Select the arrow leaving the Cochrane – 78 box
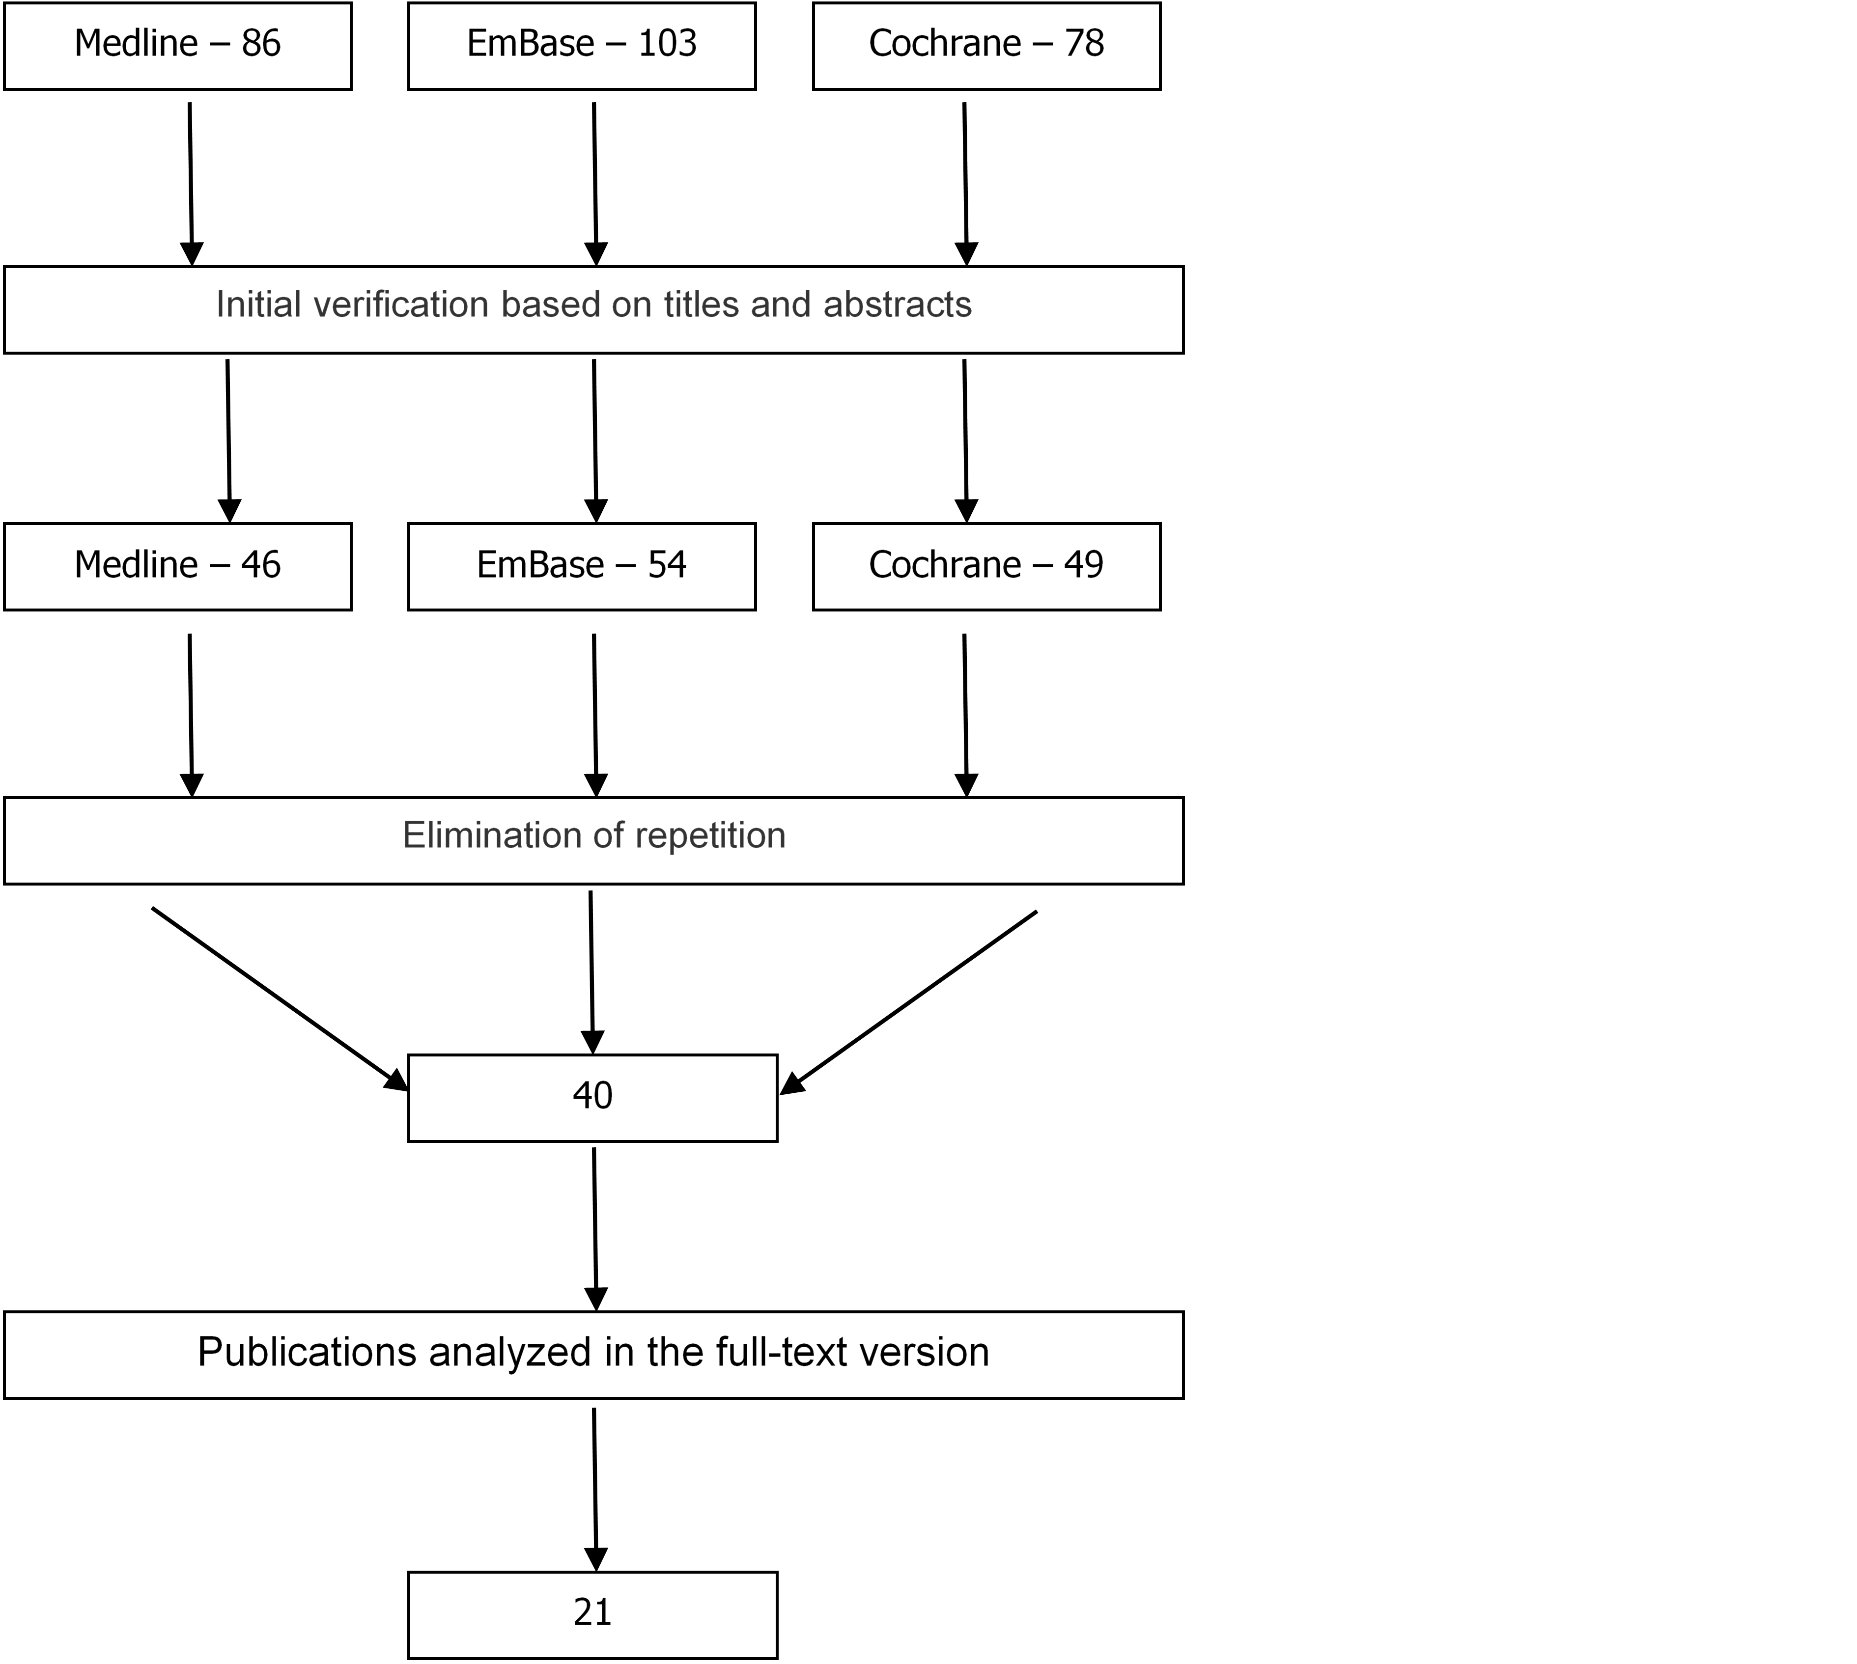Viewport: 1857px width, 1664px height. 965,184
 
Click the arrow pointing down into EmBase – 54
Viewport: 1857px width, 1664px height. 595,441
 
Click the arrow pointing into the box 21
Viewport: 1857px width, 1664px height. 595,1489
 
